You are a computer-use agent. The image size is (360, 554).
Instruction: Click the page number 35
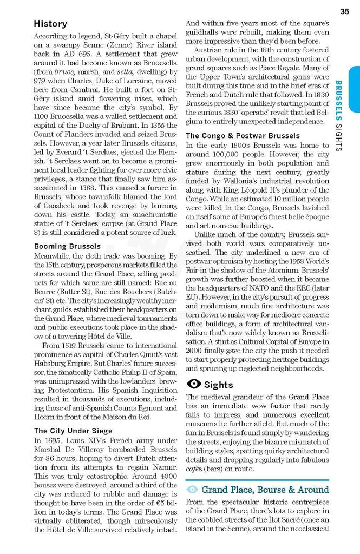344,11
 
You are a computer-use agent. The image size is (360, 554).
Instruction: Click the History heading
50,24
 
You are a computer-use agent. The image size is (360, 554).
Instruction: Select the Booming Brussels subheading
67,246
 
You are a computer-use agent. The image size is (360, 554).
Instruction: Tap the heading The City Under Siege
73,431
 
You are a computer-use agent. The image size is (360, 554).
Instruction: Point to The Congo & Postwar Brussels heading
243,135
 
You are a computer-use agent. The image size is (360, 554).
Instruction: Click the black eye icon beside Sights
193,384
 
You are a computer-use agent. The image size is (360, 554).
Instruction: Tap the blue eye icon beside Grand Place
192,490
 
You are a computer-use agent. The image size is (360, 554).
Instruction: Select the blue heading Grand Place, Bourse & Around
265,490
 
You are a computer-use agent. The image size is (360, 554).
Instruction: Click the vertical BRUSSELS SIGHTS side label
338,116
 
